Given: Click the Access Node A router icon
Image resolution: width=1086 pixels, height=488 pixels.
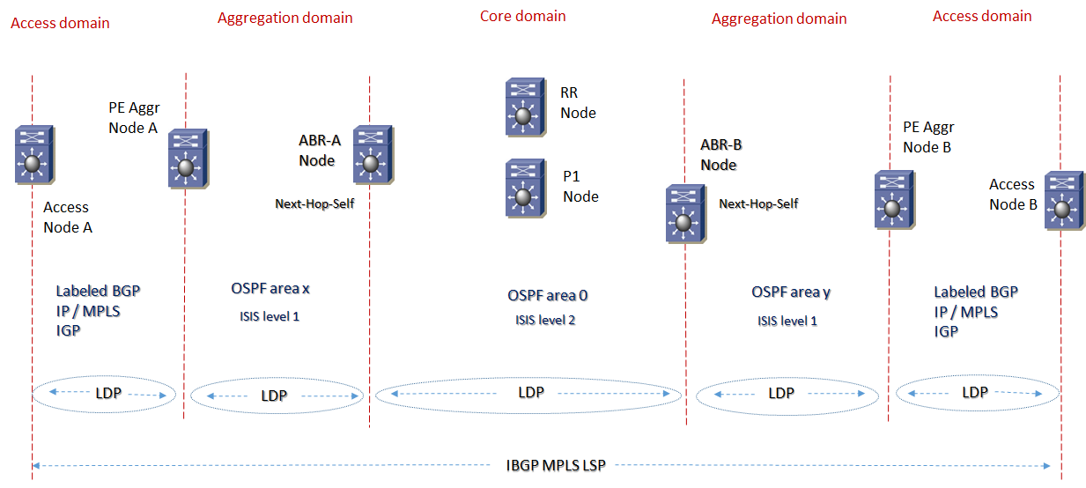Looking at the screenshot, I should click(33, 155).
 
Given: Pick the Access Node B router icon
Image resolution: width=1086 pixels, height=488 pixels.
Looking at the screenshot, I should click(1062, 201).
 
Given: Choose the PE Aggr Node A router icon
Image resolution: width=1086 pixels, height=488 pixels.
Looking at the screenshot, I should click(187, 159).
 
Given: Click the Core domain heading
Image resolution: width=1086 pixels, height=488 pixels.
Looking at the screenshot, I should click(522, 16).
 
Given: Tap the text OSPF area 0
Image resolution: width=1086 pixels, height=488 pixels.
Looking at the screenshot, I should click(547, 296).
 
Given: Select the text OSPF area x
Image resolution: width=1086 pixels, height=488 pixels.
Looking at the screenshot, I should click(271, 289).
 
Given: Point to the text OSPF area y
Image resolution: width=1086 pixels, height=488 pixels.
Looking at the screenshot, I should click(791, 292).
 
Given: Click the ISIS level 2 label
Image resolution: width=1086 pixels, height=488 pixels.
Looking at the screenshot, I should click(545, 320).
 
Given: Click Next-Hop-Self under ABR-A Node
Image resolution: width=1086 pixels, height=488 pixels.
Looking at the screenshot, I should click(314, 204).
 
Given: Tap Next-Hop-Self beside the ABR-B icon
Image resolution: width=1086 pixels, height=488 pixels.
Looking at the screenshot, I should click(758, 203).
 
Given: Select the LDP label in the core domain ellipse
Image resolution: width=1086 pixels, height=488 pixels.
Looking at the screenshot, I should click(531, 392).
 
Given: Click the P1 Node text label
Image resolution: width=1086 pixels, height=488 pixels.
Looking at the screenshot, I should click(580, 186).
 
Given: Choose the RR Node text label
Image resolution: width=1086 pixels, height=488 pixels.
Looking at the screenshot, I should click(578, 102).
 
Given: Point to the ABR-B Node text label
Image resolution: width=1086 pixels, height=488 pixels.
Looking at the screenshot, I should click(718, 154).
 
